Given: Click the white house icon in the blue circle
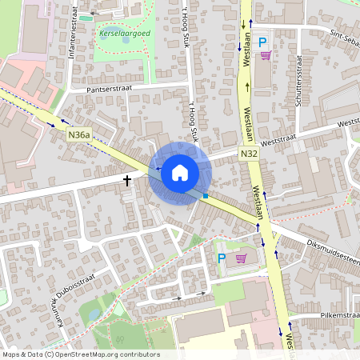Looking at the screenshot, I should pos(180,173).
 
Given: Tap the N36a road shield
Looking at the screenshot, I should pos(78,136).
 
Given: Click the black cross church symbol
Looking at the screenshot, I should pos(126,181).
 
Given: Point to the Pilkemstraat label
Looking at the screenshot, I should pos(330,316).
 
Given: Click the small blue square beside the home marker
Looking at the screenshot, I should pos(206,195).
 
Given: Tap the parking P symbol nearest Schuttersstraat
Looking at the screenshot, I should pos(262,41).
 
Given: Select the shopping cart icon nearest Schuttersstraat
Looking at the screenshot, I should pos(266,55).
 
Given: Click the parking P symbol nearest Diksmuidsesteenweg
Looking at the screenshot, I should pos(222,258).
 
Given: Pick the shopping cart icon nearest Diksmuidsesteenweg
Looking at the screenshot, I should pos(241,258).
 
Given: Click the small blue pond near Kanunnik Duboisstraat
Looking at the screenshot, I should pos(94,314).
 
